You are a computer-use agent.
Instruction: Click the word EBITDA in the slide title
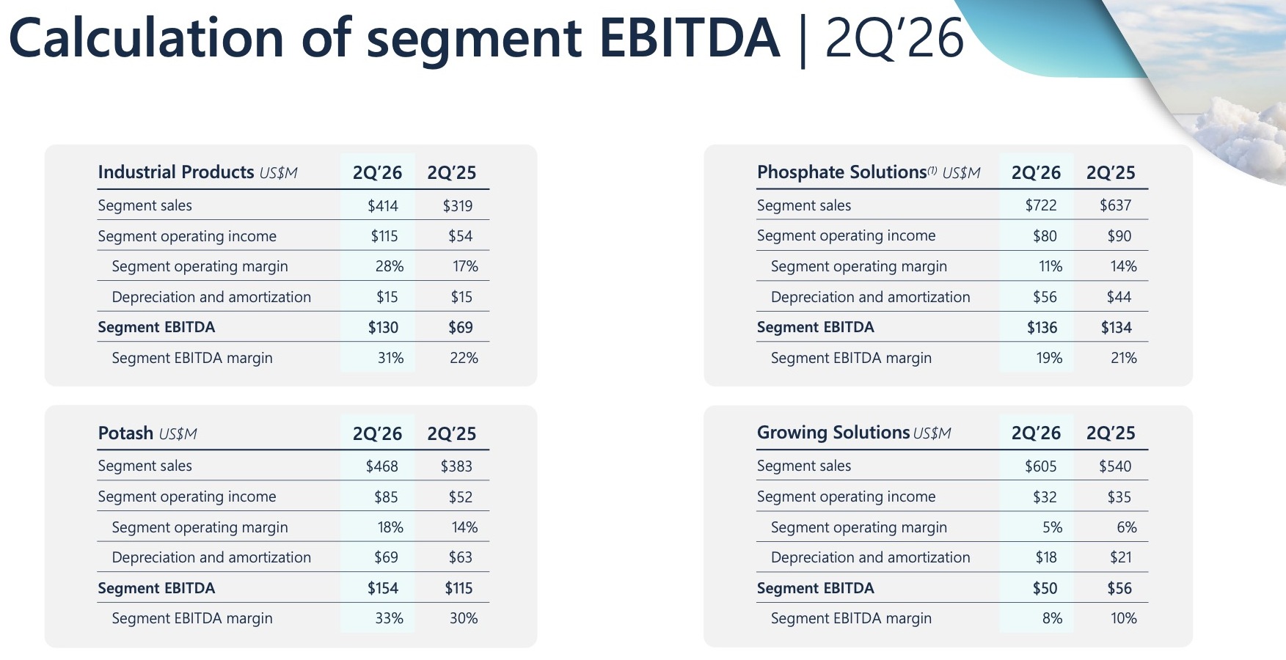[x=690, y=38]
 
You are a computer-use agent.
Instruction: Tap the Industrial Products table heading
[x=176, y=172]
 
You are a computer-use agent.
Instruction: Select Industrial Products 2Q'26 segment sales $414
[x=383, y=206]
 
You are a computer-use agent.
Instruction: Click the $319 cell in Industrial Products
[x=458, y=206]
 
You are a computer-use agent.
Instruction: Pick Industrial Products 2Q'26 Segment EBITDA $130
[x=383, y=327]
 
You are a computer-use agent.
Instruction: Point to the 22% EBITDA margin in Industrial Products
[x=464, y=358]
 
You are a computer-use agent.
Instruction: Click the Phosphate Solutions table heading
[x=842, y=172]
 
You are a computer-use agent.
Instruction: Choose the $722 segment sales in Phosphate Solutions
[x=1041, y=205]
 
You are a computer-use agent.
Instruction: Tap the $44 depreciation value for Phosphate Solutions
[x=1119, y=297]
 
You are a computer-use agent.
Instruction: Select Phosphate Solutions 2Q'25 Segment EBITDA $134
[x=1117, y=327]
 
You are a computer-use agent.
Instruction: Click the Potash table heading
[x=125, y=433]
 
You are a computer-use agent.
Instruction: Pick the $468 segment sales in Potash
[x=382, y=466]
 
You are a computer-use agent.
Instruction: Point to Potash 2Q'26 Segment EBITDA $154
[x=383, y=588]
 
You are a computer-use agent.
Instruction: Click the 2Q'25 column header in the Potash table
[x=452, y=433]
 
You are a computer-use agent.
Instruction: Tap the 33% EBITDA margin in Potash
[x=390, y=618]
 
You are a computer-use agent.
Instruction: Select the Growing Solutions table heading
[x=833, y=433]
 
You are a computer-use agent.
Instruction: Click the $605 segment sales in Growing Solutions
[x=1041, y=466]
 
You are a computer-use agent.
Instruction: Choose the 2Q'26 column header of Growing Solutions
[x=1036, y=433]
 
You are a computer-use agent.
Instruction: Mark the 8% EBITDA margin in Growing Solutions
[x=1052, y=618]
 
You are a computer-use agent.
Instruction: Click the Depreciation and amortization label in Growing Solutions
[x=870, y=557]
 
